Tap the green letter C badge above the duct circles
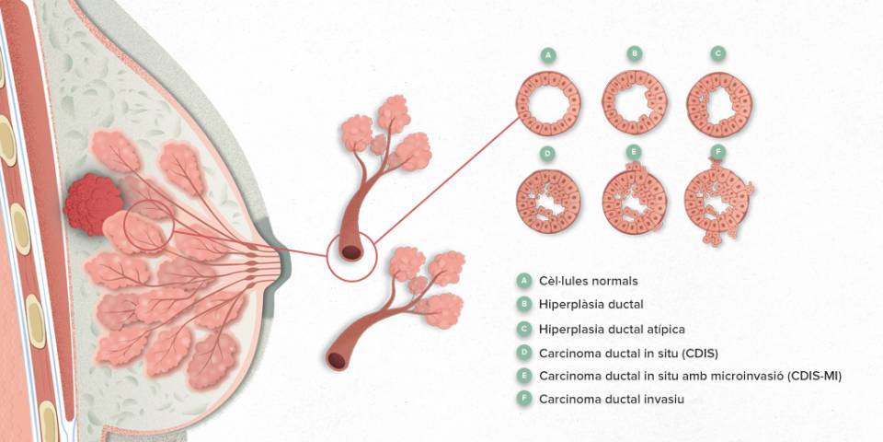pos(717,54)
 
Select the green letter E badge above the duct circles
pos(635,152)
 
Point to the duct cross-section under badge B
pos(635,102)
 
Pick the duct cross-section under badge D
pos(548,202)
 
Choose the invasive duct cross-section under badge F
pos(717,202)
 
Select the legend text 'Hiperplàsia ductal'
pos(591,305)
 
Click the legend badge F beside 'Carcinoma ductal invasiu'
pos(523,399)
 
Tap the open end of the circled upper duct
pos(351,252)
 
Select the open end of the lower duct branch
pos(337,361)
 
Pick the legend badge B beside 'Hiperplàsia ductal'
pos(523,305)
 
